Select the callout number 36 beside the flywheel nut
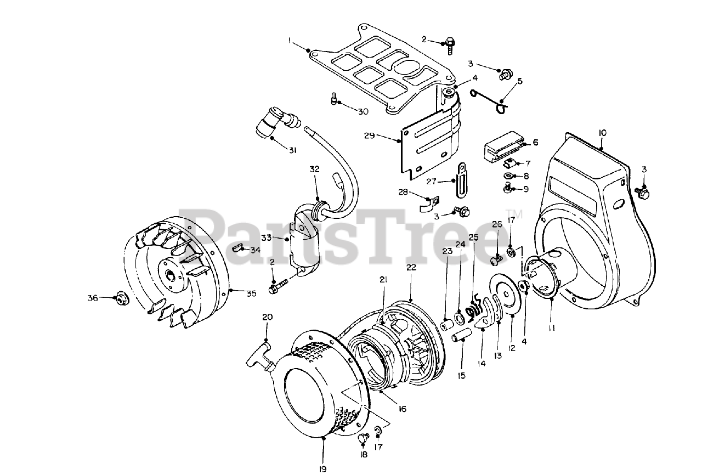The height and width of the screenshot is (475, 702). [92, 298]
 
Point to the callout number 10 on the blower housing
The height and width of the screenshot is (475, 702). [602, 133]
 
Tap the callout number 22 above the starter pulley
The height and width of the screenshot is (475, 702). [411, 268]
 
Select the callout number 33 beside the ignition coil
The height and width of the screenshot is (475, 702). [266, 237]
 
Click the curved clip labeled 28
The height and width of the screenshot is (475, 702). [425, 203]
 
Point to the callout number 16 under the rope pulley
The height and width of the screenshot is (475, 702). [402, 409]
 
